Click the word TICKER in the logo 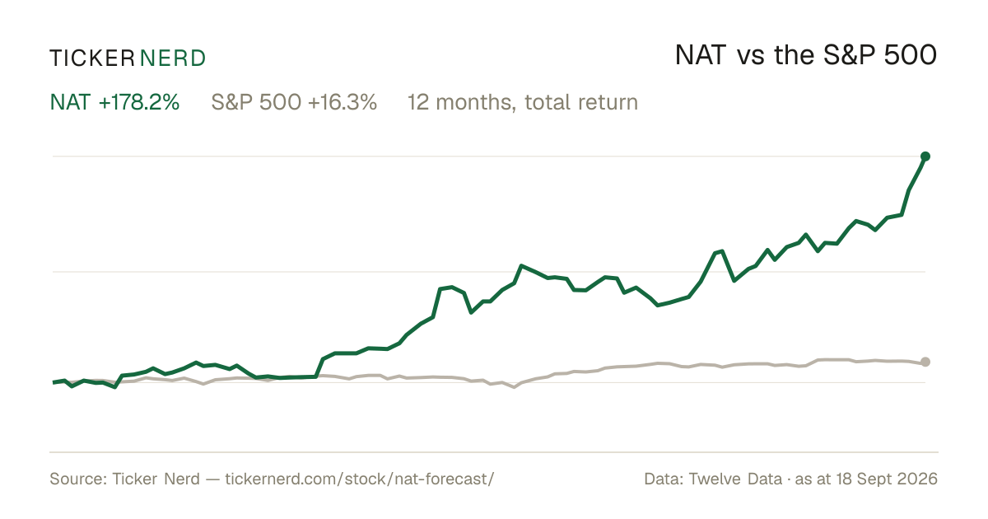(92, 58)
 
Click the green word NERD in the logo (173, 58)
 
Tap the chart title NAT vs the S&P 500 (806, 55)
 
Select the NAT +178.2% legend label (114, 102)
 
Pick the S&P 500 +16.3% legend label (294, 102)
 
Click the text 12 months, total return (523, 103)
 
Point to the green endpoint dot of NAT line (925, 157)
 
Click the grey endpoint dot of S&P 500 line (925, 362)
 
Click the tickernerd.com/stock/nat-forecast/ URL (360, 479)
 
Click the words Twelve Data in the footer (735, 479)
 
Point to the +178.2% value (139, 102)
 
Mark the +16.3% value (343, 102)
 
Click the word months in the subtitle (476, 103)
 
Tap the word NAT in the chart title (701, 55)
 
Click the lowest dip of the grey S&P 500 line (514, 387)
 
